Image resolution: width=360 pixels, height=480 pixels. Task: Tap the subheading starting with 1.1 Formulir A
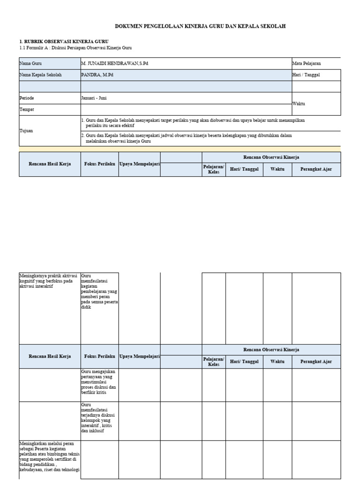click(x=75, y=48)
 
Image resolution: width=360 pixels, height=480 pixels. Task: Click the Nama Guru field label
click(x=30, y=63)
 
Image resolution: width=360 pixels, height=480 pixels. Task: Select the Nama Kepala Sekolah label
click(x=40, y=75)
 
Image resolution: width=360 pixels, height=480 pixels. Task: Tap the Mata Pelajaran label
click(x=307, y=63)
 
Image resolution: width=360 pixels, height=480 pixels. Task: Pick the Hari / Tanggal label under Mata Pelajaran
click(x=306, y=75)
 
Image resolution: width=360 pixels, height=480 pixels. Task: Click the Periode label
click(x=27, y=98)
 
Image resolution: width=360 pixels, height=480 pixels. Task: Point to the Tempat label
click(x=26, y=110)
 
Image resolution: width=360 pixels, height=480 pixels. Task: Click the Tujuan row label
click(x=26, y=131)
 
